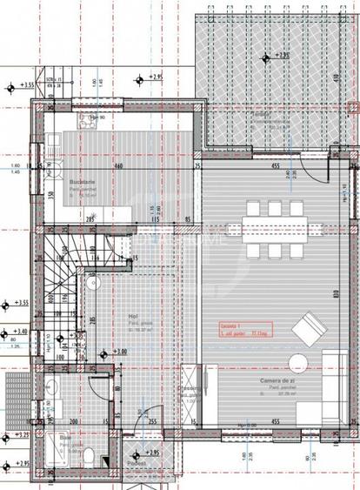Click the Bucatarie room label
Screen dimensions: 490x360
tap(82, 182)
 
